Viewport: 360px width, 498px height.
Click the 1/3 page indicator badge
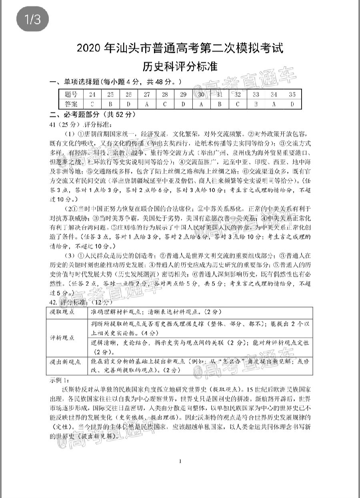pos(33,20)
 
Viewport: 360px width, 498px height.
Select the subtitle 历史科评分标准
pos(180,66)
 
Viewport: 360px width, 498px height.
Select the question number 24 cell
pos(92,95)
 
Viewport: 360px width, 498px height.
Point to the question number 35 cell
pos(292,95)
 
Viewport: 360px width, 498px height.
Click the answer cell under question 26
pos(129,104)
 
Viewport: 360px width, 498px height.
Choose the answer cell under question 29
pos(183,104)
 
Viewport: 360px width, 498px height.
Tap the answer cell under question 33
pos(256,104)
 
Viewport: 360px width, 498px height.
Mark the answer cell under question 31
pos(220,104)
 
